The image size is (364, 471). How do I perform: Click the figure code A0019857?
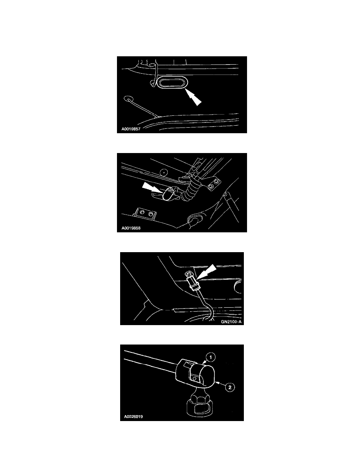(131, 130)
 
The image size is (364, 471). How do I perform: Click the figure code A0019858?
(131, 228)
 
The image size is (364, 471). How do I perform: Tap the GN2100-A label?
(231, 322)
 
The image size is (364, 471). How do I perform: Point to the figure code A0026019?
(133, 417)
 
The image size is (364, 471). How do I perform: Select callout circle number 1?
(211, 358)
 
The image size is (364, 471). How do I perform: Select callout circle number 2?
(230, 387)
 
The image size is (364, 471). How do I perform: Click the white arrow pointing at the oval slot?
(193, 97)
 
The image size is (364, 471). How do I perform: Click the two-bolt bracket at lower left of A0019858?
(146, 213)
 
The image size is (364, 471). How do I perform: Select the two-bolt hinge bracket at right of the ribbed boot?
(214, 184)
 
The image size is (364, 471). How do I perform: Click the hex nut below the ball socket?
(199, 398)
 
